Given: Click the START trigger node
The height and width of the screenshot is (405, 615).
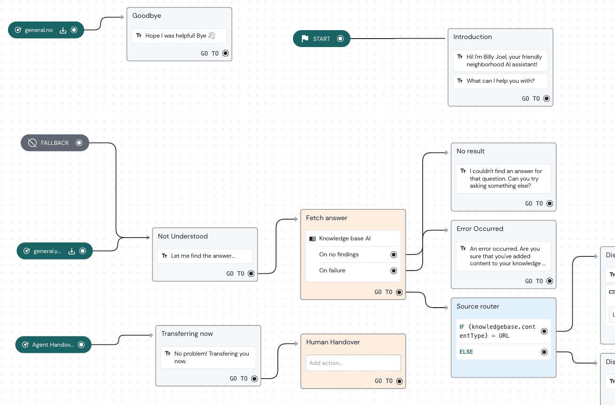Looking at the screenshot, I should click(321, 39).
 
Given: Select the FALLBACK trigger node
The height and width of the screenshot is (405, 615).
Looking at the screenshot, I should click(55, 143).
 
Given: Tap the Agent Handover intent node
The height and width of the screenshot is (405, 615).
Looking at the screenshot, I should click(53, 345).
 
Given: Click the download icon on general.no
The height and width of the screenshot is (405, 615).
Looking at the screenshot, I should click(63, 30).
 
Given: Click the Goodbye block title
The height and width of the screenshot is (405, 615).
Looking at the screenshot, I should click(147, 16).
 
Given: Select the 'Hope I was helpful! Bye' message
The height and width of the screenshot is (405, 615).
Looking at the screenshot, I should click(179, 36).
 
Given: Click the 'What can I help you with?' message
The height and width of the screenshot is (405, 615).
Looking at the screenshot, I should click(500, 81).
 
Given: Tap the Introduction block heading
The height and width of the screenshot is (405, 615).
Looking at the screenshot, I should click(473, 37).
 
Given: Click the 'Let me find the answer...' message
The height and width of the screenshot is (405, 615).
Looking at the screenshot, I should click(203, 256).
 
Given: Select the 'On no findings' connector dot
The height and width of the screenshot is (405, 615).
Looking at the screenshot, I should click(394, 254).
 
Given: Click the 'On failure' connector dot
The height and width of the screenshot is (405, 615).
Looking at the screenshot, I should click(394, 270).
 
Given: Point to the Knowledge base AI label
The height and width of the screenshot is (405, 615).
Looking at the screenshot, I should click(345, 238).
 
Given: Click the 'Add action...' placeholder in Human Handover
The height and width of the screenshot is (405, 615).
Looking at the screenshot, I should click(353, 363).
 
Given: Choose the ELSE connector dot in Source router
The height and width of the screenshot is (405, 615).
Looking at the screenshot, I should click(544, 352).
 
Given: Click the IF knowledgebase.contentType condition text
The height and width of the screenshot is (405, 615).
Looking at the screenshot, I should click(497, 331).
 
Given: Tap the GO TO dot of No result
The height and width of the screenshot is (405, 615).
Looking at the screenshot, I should click(550, 204).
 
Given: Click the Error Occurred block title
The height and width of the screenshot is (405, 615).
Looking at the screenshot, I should click(480, 229).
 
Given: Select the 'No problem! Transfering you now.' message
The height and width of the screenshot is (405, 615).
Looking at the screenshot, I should click(211, 357).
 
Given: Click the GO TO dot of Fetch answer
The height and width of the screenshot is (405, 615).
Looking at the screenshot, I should click(399, 292).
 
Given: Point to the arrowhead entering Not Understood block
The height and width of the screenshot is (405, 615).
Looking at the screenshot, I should click(149, 238).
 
